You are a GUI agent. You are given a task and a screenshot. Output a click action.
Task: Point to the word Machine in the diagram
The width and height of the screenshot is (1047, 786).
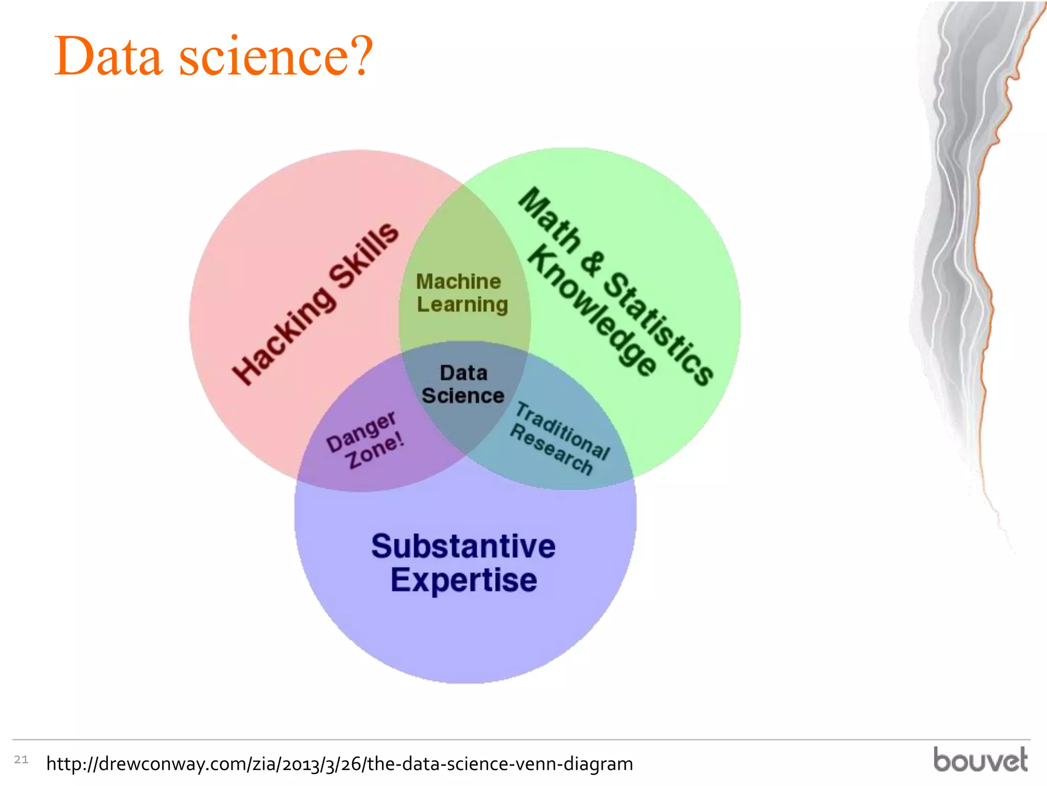pos(459,281)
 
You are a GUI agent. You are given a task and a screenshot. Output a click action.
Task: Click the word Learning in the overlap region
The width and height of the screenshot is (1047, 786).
pos(463,305)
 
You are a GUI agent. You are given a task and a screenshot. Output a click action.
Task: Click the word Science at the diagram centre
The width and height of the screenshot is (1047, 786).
pos(463,396)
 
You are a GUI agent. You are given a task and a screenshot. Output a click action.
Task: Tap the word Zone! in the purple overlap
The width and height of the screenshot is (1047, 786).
pos(375,450)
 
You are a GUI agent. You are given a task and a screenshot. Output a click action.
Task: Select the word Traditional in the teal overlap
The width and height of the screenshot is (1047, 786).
pos(562,431)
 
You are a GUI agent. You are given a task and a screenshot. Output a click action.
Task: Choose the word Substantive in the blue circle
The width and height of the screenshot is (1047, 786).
pos(463,547)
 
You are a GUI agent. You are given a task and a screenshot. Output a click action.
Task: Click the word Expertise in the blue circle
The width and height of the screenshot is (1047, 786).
pos(464,580)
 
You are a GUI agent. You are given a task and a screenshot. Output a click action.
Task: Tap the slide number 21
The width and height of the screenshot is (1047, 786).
pos(21,759)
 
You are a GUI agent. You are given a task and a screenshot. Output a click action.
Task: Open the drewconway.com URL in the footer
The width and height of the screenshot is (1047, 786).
pos(339,763)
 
